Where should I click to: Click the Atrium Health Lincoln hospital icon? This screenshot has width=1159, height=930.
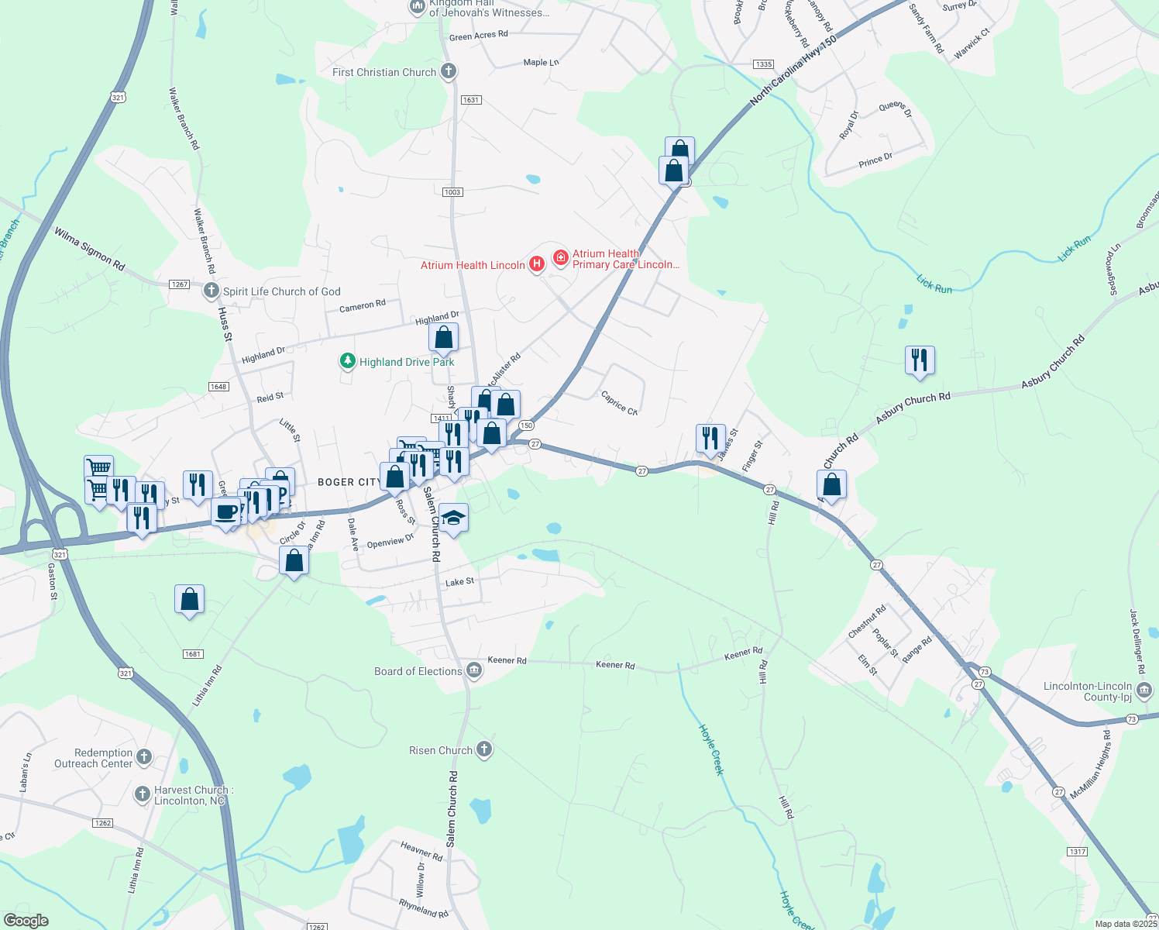535,265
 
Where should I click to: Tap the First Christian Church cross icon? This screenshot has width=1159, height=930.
448,72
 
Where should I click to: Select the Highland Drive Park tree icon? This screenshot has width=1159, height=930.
348,361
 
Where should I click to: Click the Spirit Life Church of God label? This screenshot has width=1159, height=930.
281,291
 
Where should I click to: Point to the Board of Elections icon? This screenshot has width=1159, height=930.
474,671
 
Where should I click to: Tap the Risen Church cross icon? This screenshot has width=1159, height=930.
484,749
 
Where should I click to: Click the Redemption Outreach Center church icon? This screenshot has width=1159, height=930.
143,756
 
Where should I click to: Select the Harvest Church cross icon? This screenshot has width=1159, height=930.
142,794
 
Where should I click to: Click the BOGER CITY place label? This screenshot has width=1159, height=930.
349,482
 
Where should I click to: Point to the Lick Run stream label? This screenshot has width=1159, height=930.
934,284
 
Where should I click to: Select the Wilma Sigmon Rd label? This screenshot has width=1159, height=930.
89,248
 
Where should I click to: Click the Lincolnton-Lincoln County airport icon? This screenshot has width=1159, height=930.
1144,687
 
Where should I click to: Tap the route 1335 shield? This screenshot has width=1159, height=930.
763,64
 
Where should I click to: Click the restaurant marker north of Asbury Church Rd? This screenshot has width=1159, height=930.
920,360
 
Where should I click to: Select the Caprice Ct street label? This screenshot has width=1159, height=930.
619,402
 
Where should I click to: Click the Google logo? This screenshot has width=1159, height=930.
26,920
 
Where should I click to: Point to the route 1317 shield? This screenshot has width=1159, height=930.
1077,852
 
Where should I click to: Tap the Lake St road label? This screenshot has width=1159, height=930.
459,581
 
